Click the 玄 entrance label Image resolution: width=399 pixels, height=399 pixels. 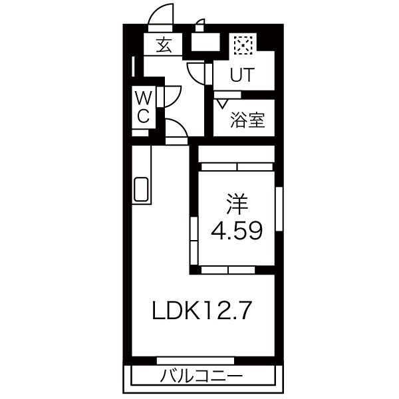164,45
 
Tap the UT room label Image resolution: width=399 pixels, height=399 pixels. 242,74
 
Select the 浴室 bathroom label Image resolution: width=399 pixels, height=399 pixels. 247,120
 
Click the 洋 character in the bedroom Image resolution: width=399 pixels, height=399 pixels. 237,204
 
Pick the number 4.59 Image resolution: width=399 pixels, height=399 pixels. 237,231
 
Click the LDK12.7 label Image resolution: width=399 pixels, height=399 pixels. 202,311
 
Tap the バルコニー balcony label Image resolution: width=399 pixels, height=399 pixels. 201,376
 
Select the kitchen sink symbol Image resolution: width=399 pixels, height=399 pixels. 141,190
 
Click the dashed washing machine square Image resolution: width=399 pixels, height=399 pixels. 243,45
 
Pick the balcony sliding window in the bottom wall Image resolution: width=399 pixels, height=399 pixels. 195,360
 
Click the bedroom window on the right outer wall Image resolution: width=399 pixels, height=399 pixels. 279,209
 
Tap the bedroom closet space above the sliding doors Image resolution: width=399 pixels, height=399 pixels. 236,154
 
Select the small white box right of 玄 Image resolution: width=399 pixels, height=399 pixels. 205,42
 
